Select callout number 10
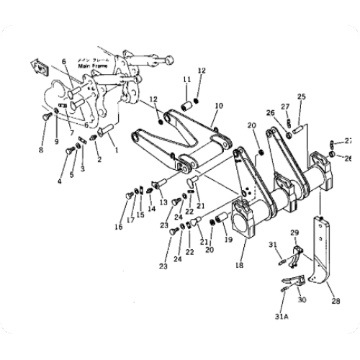(219, 104)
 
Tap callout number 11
(185, 78)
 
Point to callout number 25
(301, 96)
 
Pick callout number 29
(293, 232)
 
